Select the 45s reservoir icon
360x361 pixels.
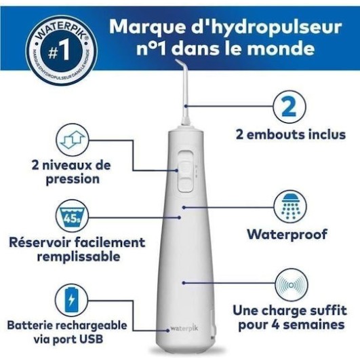click(71, 216)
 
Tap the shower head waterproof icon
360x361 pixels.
click(287, 206)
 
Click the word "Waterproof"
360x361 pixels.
click(287, 235)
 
